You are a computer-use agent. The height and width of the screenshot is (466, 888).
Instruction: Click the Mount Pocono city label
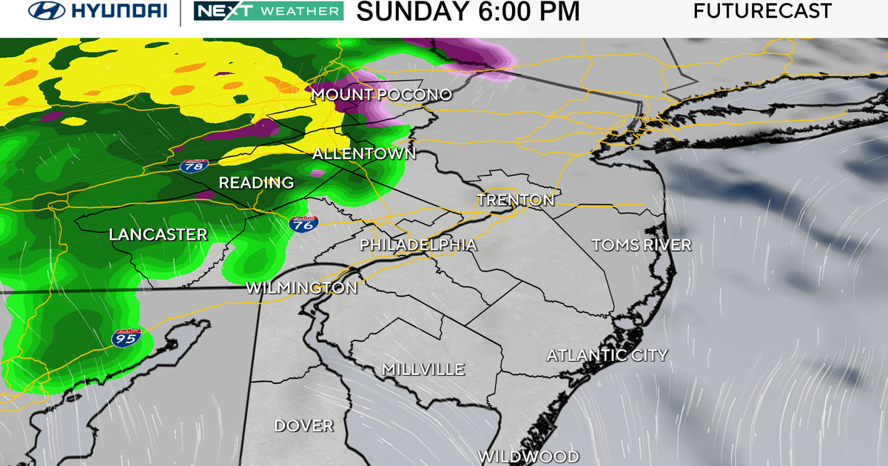click(x=381, y=95)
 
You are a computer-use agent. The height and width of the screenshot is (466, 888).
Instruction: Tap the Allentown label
click(x=364, y=154)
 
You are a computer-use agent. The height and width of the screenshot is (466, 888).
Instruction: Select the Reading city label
click(x=257, y=182)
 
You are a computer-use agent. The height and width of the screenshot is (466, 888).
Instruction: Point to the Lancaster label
click(x=158, y=234)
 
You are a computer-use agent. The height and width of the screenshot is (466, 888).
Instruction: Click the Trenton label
click(x=516, y=200)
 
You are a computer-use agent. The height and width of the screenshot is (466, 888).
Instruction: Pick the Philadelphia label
click(x=418, y=245)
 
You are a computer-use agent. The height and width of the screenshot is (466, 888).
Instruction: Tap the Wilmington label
click(x=301, y=288)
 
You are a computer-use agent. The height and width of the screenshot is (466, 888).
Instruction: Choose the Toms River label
click(x=642, y=245)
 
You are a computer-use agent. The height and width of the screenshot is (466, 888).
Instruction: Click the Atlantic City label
click(x=607, y=355)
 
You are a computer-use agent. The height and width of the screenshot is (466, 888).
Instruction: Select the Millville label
click(x=423, y=368)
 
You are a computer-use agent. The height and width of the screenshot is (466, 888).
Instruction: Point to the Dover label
click(x=303, y=425)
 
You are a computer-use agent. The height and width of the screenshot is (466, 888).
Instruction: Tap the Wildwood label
click(x=528, y=456)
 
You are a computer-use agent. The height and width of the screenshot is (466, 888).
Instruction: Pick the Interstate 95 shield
click(x=124, y=338)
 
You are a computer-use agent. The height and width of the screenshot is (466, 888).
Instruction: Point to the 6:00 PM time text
click(x=528, y=11)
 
